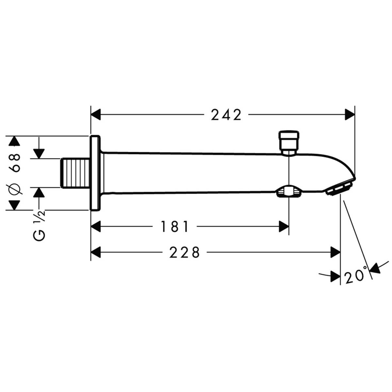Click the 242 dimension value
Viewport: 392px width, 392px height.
pos(226,115)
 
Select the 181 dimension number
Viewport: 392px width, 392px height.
pos(175,226)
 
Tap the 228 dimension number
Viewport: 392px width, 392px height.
pos(185,252)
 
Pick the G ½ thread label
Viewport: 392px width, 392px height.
pos(40,225)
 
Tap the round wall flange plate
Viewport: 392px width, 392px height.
pos(95,173)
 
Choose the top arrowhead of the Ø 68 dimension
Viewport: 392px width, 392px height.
pos(14,141)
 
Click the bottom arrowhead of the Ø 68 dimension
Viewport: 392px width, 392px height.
pos(14,205)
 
